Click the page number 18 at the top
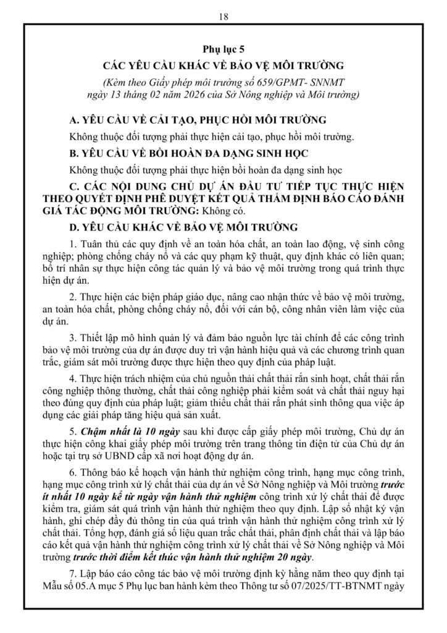223,17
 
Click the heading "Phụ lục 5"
223,47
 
